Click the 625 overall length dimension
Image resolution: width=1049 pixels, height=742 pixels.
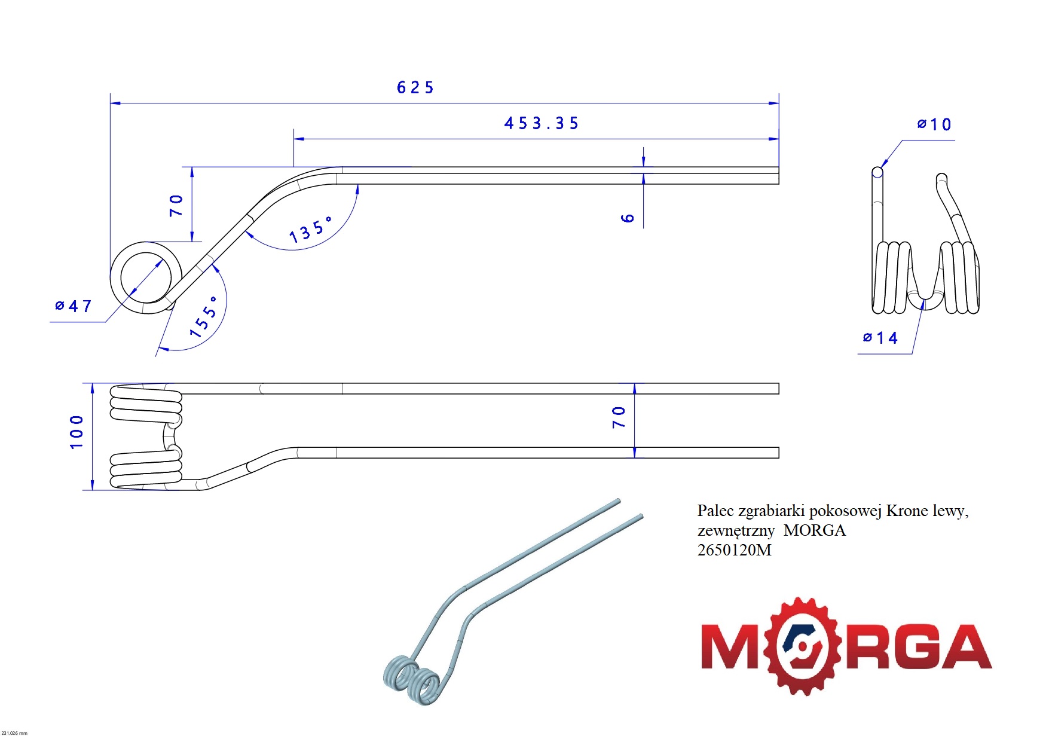click(415, 88)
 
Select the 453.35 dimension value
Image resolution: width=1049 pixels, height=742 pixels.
click(542, 124)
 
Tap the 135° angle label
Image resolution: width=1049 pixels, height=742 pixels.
click(310, 231)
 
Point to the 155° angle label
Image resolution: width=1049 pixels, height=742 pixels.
click(204, 317)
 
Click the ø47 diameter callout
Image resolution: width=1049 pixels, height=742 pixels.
click(74, 306)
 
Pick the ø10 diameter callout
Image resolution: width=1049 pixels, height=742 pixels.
click(934, 124)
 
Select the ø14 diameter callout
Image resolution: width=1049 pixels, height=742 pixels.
click(880, 338)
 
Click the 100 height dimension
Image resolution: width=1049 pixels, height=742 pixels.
click(77, 432)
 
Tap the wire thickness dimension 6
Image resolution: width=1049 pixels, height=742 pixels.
click(627, 218)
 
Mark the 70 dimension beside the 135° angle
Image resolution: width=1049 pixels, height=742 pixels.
click(176, 205)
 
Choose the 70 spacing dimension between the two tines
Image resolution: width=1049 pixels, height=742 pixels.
click(619, 417)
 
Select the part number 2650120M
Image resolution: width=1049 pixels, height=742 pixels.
click(734, 550)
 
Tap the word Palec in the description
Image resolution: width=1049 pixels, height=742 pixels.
click(715, 511)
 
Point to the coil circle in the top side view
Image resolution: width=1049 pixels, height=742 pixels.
click(146, 277)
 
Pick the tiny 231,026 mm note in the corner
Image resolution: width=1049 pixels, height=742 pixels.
click(14, 733)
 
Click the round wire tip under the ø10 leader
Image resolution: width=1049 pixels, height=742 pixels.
click(877, 172)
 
